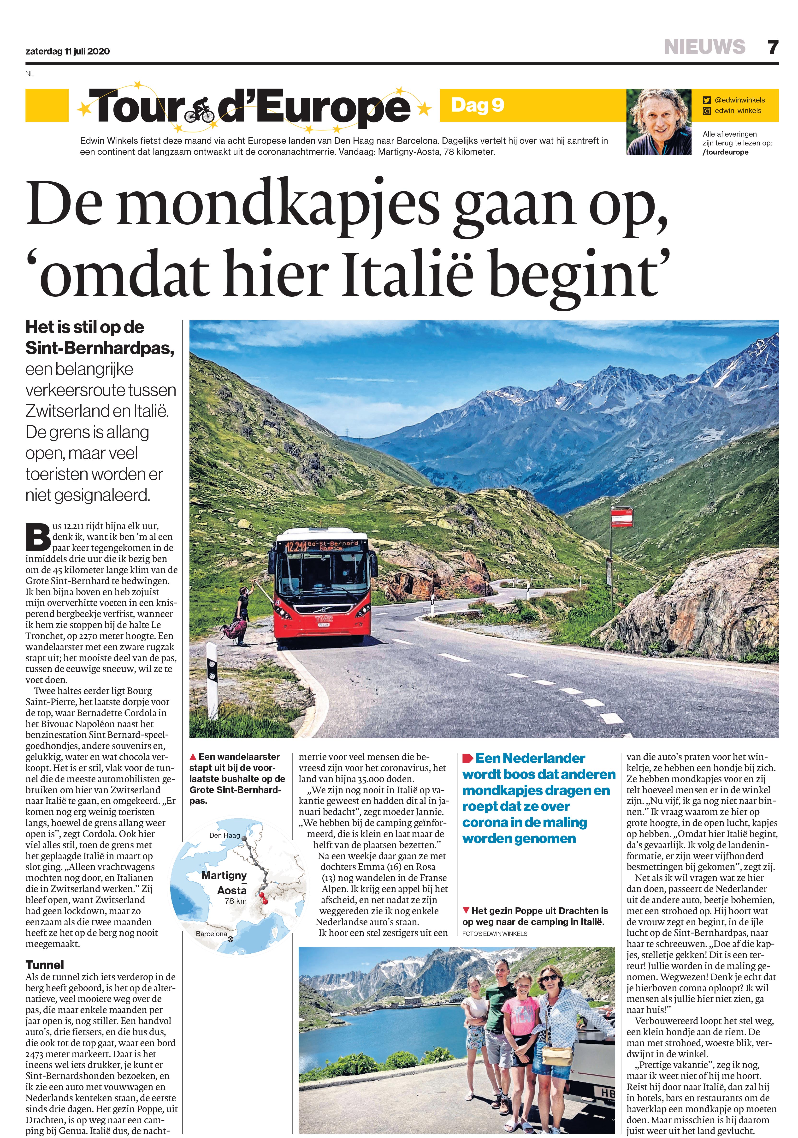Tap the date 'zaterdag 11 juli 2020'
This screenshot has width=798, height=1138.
(68, 51)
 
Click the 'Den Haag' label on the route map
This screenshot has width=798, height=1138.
(225, 835)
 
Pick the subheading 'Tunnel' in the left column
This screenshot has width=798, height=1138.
(45, 964)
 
